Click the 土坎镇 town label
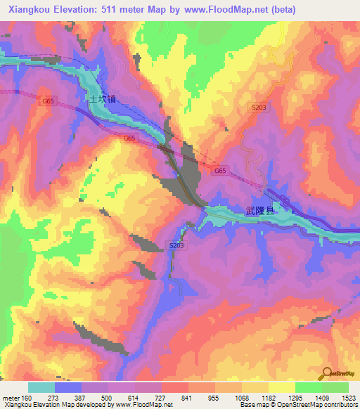(101, 99)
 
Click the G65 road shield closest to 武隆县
(220, 171)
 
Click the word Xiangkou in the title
(28, 10)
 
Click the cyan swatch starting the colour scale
(41, 387)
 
